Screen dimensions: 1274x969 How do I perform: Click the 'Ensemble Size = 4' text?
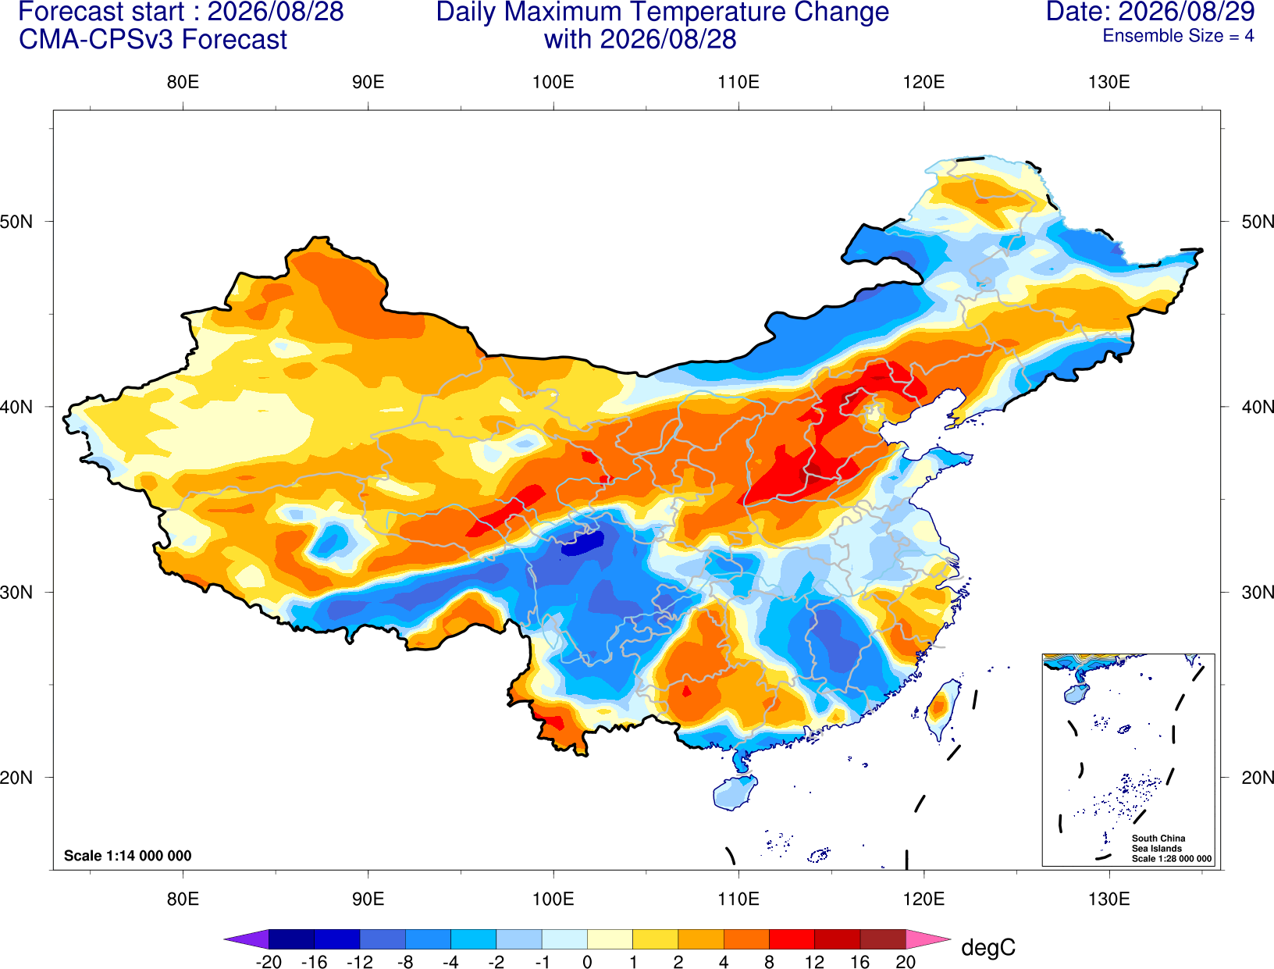point(1178,36)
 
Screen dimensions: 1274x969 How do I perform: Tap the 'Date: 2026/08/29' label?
point(1150,12)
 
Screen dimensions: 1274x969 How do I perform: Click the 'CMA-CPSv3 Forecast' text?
point(153,40)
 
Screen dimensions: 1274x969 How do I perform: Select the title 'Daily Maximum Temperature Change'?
point(662,12)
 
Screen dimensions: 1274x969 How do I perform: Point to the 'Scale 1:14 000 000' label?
point(128,855)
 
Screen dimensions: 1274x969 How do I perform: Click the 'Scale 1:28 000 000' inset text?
point(1172,859)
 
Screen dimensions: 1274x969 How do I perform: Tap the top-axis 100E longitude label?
point(553,82)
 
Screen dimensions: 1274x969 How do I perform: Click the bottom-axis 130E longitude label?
point(1109,899)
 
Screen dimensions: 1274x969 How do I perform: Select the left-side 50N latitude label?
point(16,221)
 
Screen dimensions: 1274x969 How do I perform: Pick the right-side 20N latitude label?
point(1258,778)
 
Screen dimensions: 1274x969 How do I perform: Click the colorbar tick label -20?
point(269,962)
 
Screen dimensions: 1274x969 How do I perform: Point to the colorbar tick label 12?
point(814,962)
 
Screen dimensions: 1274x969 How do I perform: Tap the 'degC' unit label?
point(988,947)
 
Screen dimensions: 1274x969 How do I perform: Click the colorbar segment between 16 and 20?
point(883,939)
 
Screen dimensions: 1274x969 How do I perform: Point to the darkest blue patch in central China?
point(583,544)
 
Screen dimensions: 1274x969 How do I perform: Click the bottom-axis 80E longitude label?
point(183,899)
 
